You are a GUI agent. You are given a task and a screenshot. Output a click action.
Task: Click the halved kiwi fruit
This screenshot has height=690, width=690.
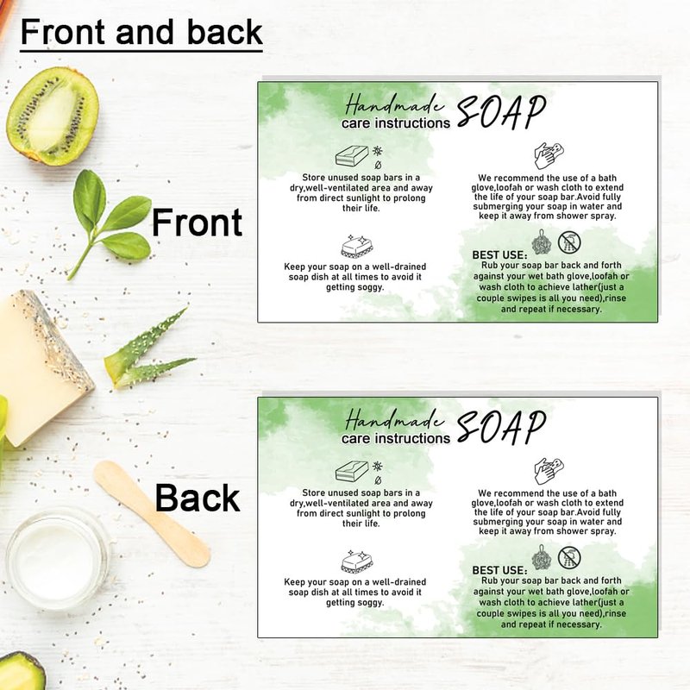tap(53, 116)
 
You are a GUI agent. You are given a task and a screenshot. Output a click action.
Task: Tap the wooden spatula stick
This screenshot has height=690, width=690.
tap(152, 513)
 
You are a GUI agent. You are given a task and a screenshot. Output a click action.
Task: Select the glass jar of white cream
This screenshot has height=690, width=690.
tap(57, 558)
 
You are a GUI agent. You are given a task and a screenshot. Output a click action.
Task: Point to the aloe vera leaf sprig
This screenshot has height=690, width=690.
tap(147, 350)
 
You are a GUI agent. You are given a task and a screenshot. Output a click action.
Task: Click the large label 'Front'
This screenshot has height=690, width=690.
tap(197, 223)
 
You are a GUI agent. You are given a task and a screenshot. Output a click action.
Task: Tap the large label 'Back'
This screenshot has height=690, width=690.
tap(198, 498)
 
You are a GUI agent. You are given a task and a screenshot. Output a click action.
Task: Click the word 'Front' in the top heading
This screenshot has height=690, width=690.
tap(63, 32)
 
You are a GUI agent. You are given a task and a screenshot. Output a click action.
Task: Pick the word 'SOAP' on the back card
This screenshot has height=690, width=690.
tap(501, 427)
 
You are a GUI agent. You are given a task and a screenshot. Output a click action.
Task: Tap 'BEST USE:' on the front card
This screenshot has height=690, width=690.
tap(499, 255)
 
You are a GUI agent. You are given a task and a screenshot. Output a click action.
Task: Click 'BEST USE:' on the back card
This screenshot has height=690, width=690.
tap(499, 570)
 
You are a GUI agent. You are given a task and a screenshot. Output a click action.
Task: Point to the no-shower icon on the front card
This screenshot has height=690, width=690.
tap(569, 242)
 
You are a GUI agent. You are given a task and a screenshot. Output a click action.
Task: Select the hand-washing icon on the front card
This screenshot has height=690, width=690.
tap(549, 155)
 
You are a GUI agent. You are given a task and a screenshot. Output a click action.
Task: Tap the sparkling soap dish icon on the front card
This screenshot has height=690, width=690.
tap(357, 246)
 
